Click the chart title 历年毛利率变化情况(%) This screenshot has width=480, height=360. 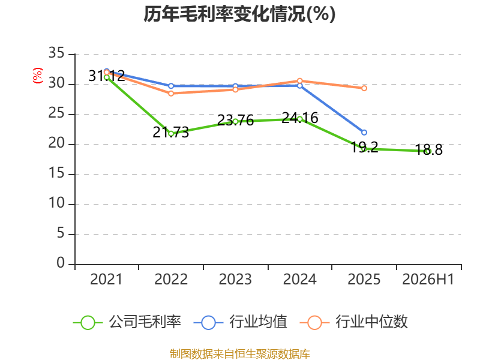(239, 14)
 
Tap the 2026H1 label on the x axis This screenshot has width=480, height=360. (428, 279)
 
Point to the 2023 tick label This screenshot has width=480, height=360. (235, 279)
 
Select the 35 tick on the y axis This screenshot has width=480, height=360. (56, 53)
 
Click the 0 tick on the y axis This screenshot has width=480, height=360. (61, 263)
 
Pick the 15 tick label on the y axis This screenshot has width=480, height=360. (56, 173)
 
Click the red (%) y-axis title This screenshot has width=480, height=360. (38, 76)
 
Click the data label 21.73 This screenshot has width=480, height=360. (171, 132)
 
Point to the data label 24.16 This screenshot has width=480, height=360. (300, 118)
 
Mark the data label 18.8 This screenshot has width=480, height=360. (429, 149)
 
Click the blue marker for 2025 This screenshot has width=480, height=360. (364, 133)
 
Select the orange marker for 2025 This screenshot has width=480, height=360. (364, 88)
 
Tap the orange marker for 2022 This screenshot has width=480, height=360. (171, 94)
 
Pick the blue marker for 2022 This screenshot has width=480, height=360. (171, 86)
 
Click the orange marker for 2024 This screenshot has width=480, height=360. (299, 81)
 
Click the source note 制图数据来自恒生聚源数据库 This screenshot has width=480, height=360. (240, 354)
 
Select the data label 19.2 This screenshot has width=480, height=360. (364, 147)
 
